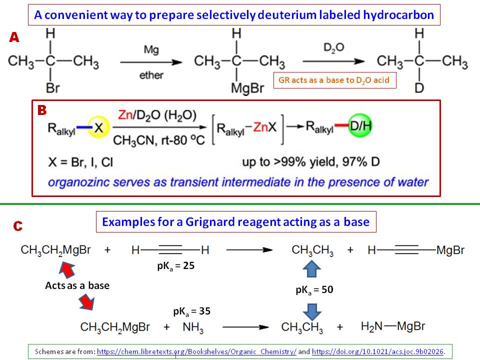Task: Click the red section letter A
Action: tap(14, 37)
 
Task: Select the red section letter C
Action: tap(17, 226)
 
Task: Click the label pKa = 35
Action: tap(192, 311)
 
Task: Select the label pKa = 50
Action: tap(314, 289)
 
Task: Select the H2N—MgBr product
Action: tap(393, 326)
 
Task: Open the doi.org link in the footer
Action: tap(377, 352)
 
